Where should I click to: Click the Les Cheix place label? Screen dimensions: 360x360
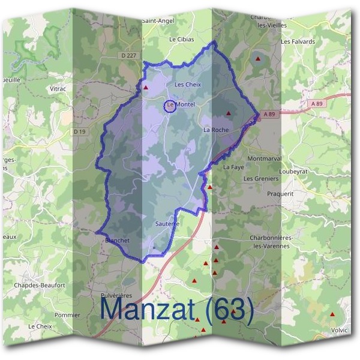[x=187, y=85]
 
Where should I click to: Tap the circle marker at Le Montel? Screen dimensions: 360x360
[x=170, y=106]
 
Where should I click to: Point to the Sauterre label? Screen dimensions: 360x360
[x=167, y=224]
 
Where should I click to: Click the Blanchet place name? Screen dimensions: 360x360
[x=117, y=240]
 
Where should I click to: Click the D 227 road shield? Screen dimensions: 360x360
[x=128, y=56]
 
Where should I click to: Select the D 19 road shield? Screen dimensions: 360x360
[x=80, y=131]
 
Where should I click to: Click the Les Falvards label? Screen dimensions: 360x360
[x=298, y=41]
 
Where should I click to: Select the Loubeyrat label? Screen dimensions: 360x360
[x=310, y=169]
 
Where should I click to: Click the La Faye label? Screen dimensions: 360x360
[x=233, y=167]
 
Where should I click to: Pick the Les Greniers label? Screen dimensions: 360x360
[x=261, y=179]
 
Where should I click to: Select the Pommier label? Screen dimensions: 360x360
[x=67, y=315]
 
